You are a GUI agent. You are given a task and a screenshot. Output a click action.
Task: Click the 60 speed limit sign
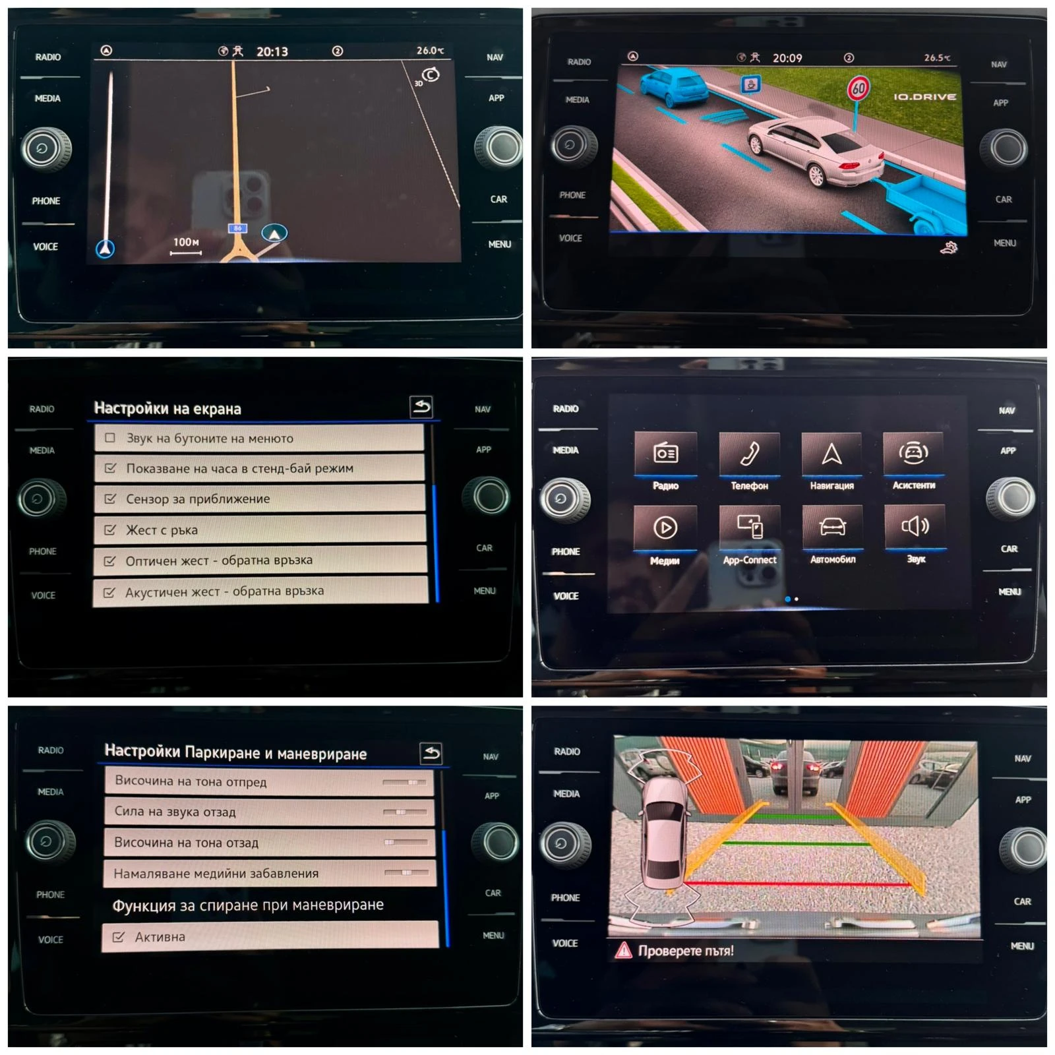[x=858, y=88]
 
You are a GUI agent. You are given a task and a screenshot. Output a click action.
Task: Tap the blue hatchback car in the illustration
[x=672, y=87]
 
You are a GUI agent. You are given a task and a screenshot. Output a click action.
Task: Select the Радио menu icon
[x=665, y=454]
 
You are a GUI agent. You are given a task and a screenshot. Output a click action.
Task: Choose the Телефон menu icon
[x=750, y=454]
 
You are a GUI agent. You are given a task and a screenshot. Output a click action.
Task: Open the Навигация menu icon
[x=832, y=454]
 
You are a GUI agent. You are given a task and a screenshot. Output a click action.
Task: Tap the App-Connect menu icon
[x=750, y=527]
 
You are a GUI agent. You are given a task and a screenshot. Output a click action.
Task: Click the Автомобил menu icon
[x=833, y=527]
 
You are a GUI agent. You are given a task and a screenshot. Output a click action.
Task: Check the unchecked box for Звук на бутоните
[x=110, y=438]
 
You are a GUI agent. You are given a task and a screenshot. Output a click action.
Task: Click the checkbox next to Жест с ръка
[x=110, y=529]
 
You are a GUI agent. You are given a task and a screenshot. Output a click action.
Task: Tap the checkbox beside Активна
[x=119, y=936]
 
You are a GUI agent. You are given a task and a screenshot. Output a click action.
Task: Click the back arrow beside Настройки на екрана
[x=421, y=407]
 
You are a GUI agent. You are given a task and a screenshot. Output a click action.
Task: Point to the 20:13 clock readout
[x=272, y=51]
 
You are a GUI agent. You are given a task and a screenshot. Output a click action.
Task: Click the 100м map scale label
[x=186, y=242]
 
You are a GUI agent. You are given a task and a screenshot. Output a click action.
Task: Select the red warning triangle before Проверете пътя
[x=623, y=950]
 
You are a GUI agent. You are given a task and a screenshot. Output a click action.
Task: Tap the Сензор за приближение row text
[x=198, y=499]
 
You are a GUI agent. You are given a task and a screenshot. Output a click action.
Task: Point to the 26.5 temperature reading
[x=937, y=58]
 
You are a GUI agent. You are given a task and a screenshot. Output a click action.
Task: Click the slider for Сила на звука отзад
[x=405, y=812]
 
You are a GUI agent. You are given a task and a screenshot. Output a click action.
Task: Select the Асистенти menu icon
[x=914, y=453]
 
